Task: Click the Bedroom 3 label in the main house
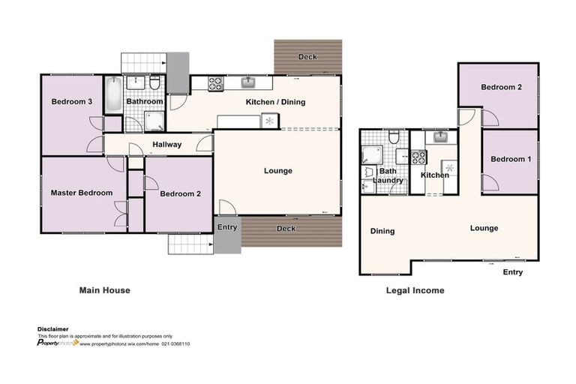coord(71,102)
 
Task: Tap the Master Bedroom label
coord(81,193)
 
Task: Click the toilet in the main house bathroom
coord(154,85)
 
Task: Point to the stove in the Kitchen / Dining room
coord(215,83)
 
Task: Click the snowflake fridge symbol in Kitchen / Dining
coord(269,120)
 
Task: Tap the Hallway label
coord(166,145)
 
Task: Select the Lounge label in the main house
coord(277,171)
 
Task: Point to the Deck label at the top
coord(307,57)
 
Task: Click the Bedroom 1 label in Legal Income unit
coord(510,159)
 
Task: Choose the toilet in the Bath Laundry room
coord(394,136)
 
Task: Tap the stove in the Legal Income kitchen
coord(418,157)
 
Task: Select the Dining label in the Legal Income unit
coord(382,231)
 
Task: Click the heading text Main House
coord(104,290)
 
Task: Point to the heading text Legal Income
coord(414,290)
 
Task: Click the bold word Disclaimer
coord(53,329)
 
